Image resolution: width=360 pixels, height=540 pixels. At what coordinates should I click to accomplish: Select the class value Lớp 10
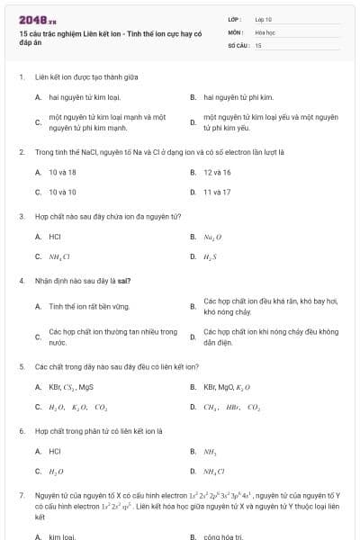(x=263, y=18)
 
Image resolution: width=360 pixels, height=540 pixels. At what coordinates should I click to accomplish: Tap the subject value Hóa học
(x=265, y=31)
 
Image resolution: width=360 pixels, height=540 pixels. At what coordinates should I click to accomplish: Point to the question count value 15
(x=258, y=44)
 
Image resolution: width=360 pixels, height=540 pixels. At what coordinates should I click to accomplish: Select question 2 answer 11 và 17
(x=217, y=192)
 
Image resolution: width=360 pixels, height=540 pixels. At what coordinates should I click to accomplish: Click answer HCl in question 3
(x=55, y=237)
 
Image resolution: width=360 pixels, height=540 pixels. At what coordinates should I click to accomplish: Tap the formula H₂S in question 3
(x=211, y=257)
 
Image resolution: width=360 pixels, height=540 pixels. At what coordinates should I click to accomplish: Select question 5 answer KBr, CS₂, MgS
(x=71, y=387)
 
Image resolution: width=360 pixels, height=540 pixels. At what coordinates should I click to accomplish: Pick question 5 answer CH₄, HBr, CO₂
(x=231, y=407)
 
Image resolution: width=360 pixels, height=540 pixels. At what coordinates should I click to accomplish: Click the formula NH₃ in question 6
(x=210, y=451)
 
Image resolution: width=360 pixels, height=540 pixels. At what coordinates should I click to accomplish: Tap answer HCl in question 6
(x=55, y=451)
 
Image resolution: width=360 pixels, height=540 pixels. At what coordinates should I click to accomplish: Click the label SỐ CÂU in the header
(x=238, y=44)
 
